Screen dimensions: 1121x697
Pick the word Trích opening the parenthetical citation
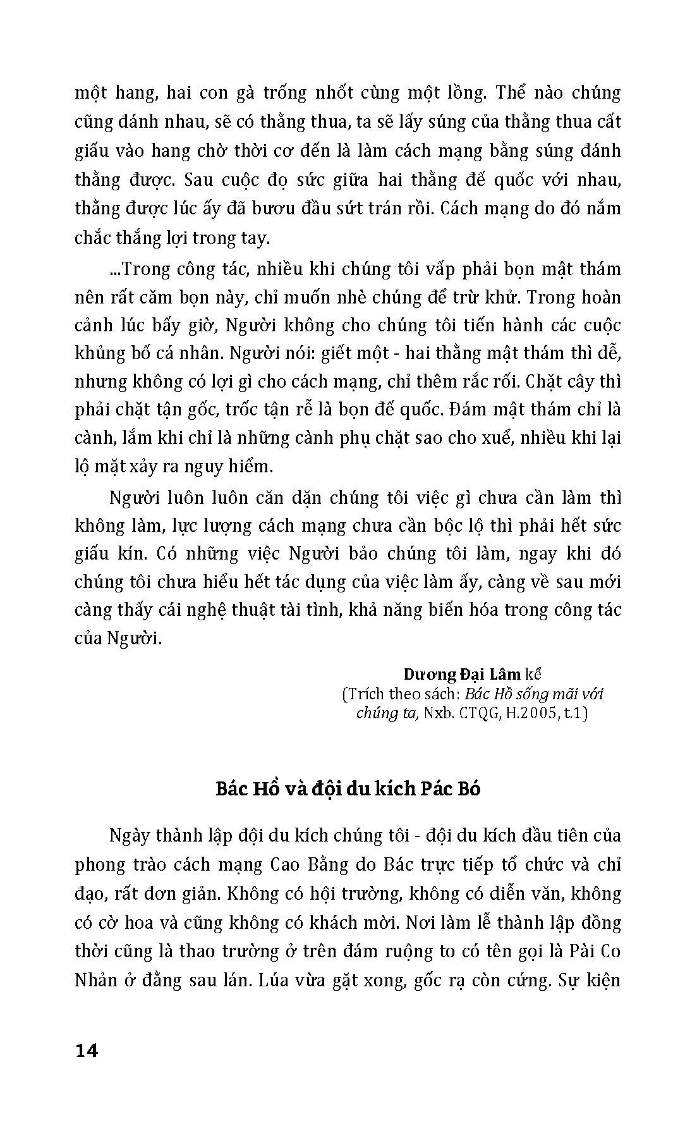pos(364,694)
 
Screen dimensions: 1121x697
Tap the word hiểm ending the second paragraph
pos(253,467)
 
